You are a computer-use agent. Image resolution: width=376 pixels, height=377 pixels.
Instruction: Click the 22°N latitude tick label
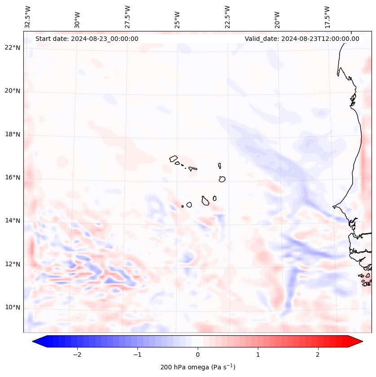[x=13, y=48]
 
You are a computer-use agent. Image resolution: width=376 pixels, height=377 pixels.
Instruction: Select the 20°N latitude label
[x=13, y=91]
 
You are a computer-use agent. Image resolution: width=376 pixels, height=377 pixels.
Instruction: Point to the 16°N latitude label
[x=13, y=178]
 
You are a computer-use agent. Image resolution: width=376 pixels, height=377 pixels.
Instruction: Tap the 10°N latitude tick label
[x=13, y=308]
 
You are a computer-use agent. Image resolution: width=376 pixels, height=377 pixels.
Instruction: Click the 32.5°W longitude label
[x=28, y=17]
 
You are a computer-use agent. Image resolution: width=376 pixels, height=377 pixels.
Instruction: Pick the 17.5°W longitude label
[x=327, y=17]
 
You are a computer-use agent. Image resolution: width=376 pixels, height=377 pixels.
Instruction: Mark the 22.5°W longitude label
[x=227, y=17]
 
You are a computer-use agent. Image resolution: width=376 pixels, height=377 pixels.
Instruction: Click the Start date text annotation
[x=87, y=39]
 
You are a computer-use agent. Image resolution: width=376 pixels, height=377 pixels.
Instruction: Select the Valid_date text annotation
[x=302, y=39]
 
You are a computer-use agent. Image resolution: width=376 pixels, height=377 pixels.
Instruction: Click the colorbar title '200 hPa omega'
[x=198, y=367]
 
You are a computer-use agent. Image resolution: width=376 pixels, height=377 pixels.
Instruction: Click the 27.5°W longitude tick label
[x=128, y=17]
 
